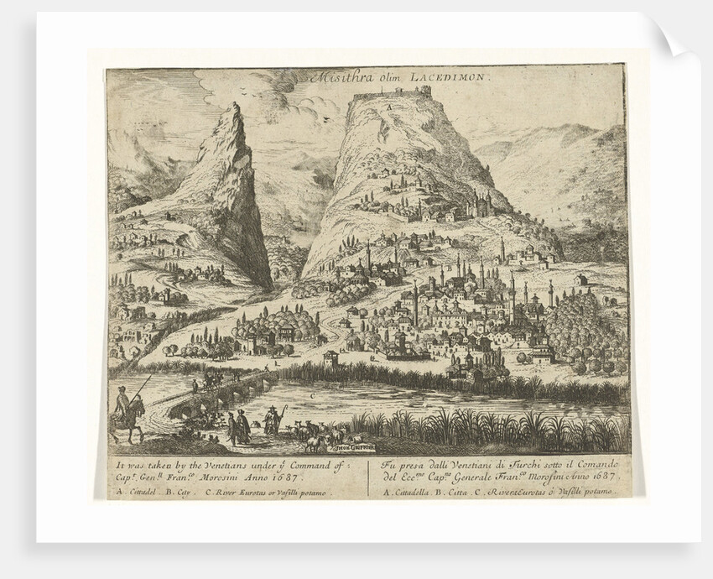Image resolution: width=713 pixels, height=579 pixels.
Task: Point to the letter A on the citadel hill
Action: pos(390,108)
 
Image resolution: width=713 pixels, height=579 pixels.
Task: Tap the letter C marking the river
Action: pos(313,394)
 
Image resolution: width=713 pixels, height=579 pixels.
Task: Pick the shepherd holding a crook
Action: pos(273,418)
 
